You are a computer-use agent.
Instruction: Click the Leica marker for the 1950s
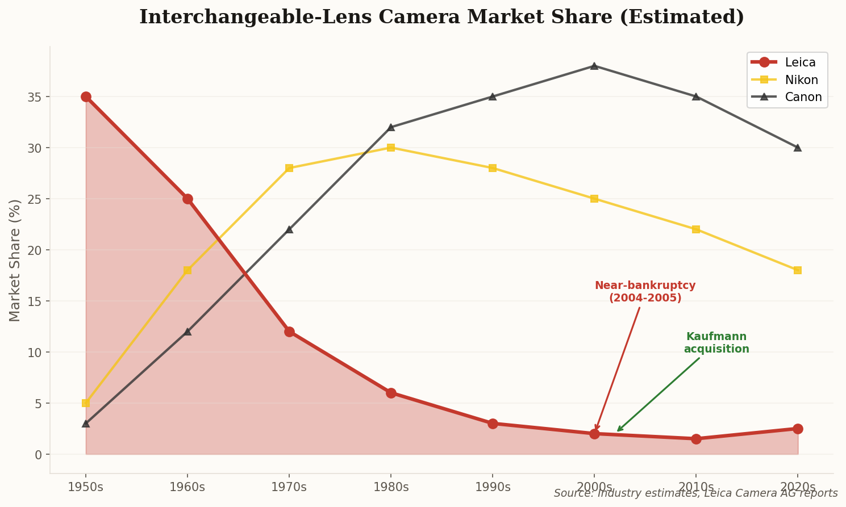click(86, 97)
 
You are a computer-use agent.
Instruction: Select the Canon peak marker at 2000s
click(594, 66)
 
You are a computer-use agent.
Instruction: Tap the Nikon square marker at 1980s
click(391, 148)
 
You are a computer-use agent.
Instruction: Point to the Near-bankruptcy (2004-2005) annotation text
click(645, 292)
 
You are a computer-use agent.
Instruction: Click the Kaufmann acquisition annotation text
click(716, 343)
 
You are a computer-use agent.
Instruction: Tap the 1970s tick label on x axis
click(289, 487)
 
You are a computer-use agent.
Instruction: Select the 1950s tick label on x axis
click(86, 487)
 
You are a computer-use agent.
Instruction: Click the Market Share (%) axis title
click(15, 260)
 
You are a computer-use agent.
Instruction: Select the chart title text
click(441, 17)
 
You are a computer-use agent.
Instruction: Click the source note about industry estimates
click(695, 493)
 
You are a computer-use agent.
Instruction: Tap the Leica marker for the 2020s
click(798, 429)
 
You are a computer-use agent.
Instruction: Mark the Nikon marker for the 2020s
click(798, 270)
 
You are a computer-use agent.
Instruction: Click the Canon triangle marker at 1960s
click(187, 332)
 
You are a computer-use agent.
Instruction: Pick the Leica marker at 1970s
click(289, 332)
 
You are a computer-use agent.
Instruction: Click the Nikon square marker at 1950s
click(86, 403)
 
